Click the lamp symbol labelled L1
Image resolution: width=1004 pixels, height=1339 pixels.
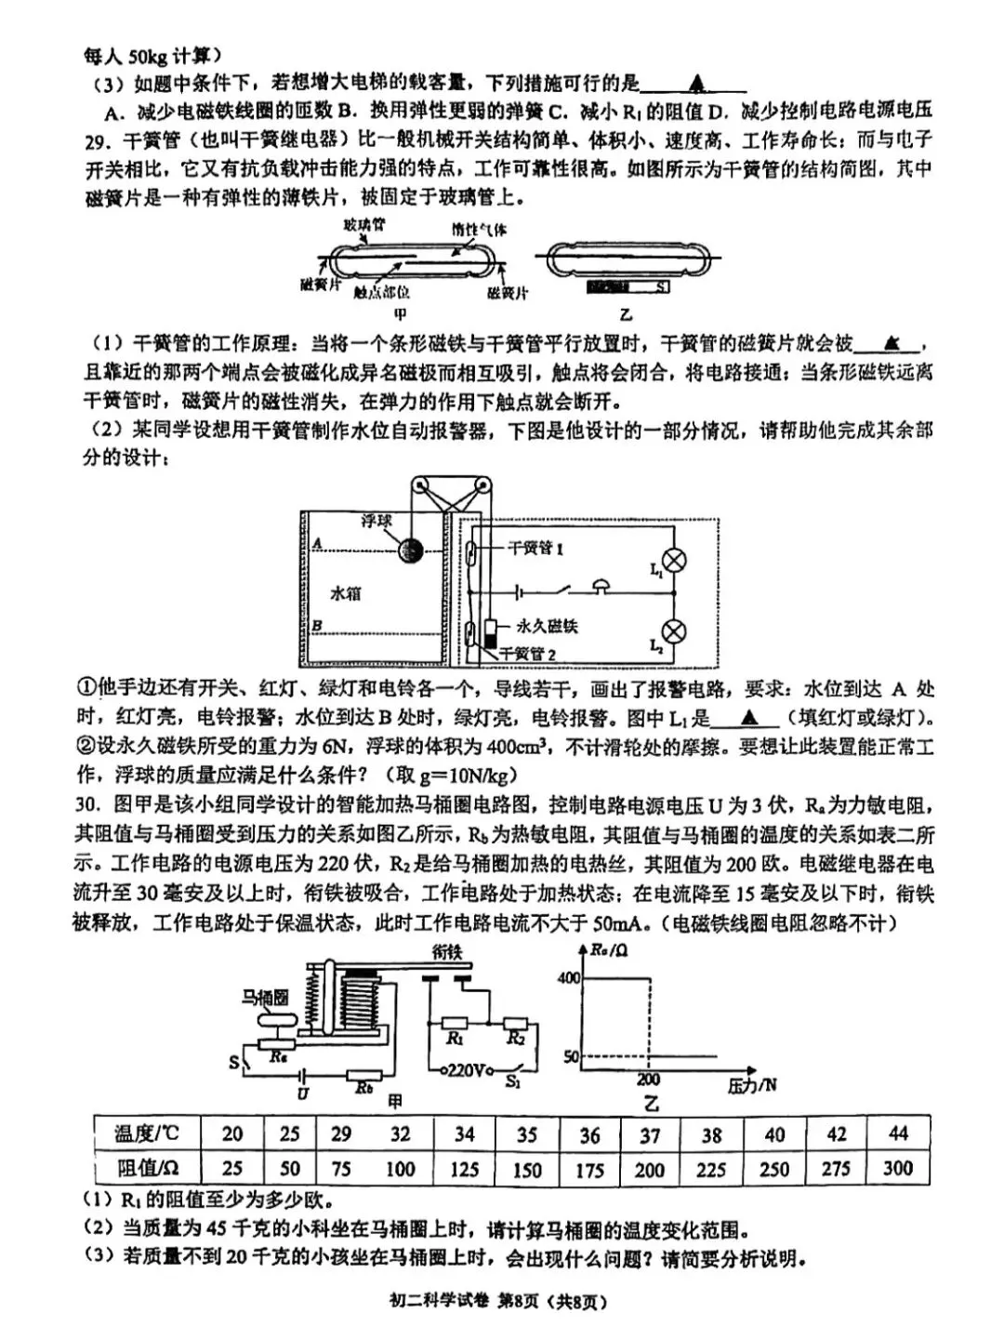coord(677,560)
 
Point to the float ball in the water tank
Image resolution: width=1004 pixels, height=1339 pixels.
coord(408,550)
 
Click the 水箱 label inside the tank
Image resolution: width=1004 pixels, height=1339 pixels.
coord(346,592)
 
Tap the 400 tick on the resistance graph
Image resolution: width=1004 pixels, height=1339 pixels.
coord(568,977)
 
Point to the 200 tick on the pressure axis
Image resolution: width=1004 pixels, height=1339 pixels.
coord(648,1079)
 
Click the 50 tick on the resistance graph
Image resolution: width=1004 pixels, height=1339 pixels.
coord(571,1057)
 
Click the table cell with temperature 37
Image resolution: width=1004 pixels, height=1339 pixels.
coord(650,1135)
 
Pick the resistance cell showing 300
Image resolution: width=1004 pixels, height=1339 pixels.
coord(897,1168)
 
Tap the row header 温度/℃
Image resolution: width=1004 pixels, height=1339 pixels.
coord(146,1134)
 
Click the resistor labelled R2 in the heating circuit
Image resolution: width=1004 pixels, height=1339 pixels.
coord(516,1026)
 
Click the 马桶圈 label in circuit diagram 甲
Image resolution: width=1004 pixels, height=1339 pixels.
coord(265,998)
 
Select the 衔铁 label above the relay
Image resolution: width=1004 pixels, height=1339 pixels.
coord(446,951)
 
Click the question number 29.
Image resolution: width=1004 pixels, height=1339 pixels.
coord(96,140)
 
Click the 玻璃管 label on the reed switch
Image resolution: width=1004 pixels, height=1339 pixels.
coord(364,224)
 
